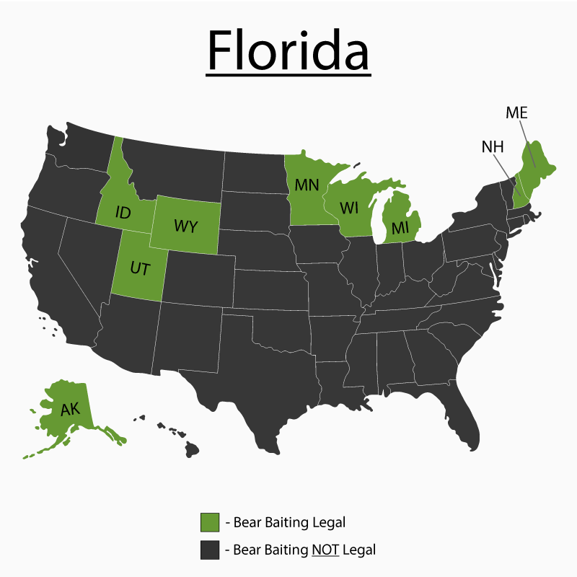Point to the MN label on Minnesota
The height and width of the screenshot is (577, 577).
(307, 185)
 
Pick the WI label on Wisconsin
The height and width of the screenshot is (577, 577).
(349, 208)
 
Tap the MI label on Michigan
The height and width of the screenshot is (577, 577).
(400, 228)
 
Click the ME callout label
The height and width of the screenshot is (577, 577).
(516, 113)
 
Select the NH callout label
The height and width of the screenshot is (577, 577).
(493, 147)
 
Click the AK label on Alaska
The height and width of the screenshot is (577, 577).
(70, 410)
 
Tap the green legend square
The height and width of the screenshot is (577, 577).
(210, 521)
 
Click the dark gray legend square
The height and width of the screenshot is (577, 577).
(210, 550)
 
